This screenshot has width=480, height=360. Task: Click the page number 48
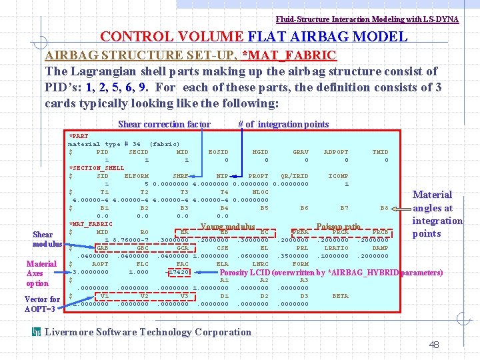tap(434, 345)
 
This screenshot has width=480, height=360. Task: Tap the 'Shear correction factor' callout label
tap(164, 124)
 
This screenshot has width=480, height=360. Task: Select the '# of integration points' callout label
tap(283, 124)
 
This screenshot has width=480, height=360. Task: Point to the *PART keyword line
tap(79, 136)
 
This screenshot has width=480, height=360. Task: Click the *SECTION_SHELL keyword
tap(97, 168)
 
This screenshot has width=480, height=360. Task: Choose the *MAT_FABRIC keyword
tap(91, 224)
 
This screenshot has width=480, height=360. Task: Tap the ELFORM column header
tap(137, 176)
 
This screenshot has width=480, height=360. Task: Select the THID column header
tap(380, 152)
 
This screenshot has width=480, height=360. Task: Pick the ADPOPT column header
tap(336, 152)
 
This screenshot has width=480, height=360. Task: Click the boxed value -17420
tap(178, 272)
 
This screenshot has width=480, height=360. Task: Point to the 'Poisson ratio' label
tap(338, 227)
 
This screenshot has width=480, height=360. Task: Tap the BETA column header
tap(340, 296)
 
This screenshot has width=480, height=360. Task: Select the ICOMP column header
tap(338, 176)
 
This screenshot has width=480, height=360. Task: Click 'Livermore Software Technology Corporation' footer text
tap(147, 332)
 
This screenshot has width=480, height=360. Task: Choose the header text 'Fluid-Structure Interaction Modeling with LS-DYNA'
tap(367, 19)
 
